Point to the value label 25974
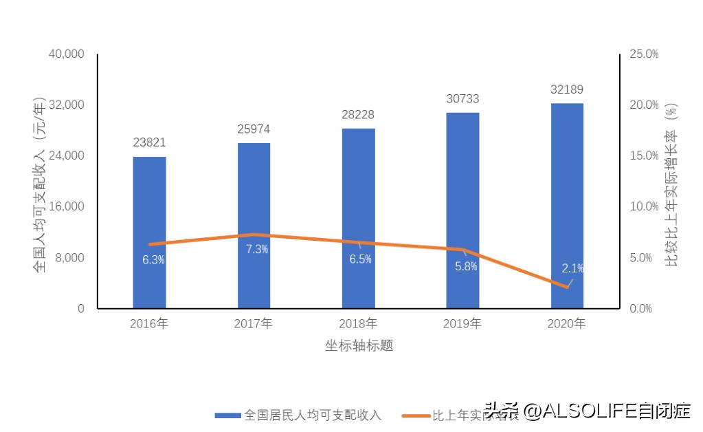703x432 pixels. coord(254,129)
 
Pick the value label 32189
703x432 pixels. coord(567,89)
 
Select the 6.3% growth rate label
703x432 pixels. coord(153,259)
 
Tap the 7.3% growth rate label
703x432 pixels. coord(257,249)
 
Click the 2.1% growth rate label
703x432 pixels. coord(572,268)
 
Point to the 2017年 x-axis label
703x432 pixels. coord(254,323)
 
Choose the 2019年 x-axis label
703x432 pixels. coord(462,323)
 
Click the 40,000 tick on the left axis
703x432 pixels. coord(67,54)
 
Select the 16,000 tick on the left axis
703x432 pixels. coord(67,206)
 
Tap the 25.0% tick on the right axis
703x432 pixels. coord(644,54)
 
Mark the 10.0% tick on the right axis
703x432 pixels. coord(644,206)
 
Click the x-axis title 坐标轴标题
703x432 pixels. coord(359,345)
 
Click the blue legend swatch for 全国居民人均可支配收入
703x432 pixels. coord(227,415)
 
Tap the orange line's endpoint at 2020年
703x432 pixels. coord(567,287)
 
